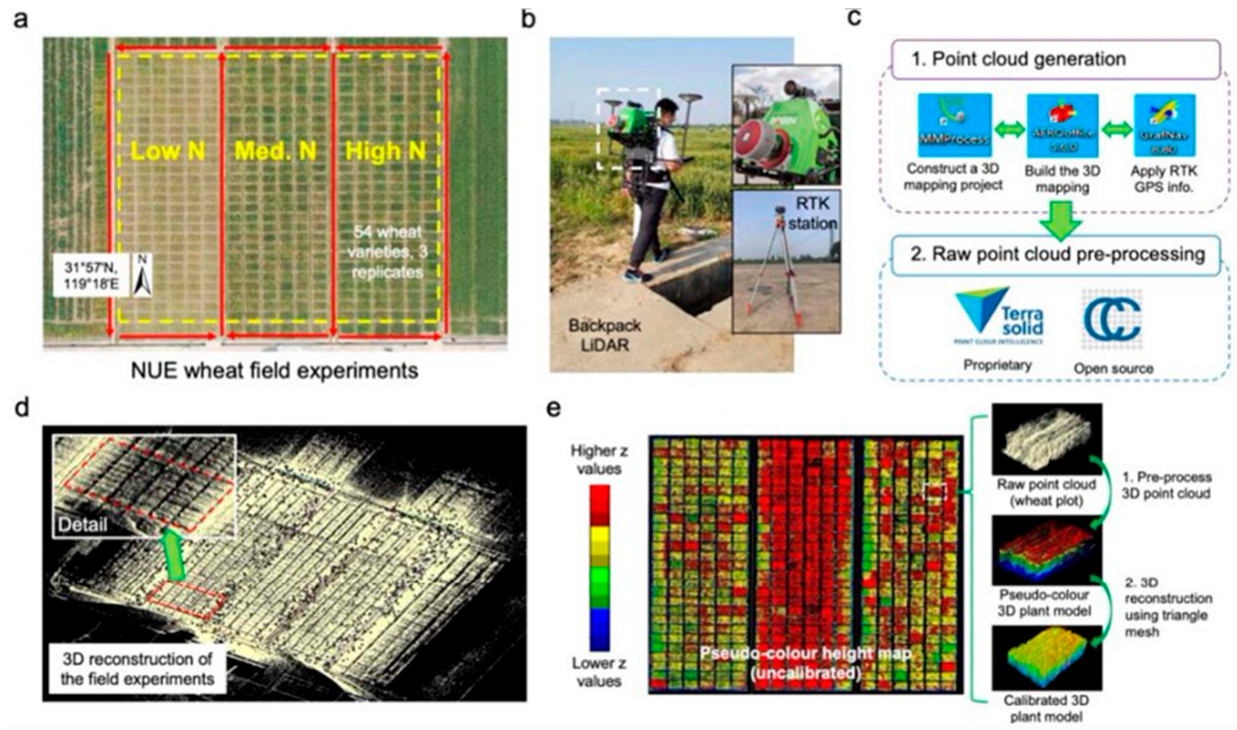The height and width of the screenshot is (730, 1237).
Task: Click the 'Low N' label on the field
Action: [168, 151]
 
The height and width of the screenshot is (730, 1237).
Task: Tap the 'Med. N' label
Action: [275, 151]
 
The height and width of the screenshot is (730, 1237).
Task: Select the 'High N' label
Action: [385, 151]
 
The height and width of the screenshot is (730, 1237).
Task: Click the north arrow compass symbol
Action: [142, 275]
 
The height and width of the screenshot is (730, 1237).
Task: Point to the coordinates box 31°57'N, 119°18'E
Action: [92, 275]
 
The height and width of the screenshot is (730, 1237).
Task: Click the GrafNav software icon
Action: [1164, 125]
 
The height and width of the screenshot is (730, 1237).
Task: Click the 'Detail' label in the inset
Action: [83, 524]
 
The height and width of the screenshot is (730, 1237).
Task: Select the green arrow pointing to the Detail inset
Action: [173, 559]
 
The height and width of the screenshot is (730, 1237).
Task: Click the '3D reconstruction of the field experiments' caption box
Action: [137, 669]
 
